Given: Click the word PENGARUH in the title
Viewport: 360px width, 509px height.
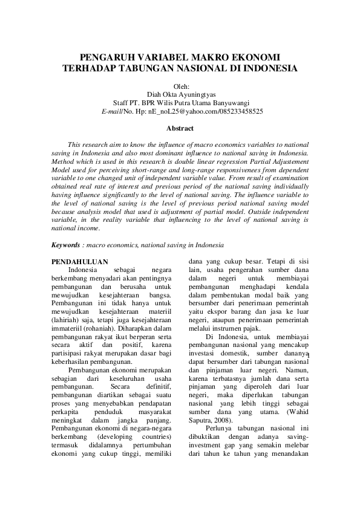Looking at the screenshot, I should tap(106, 57).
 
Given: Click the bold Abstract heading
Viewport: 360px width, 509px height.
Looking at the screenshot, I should tap(180, 128).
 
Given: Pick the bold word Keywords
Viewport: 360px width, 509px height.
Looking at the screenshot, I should tap(67, 245).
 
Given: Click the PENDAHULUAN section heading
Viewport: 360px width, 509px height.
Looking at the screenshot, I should tap(80, 262).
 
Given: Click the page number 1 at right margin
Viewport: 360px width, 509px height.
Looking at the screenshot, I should tap(309, 357).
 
